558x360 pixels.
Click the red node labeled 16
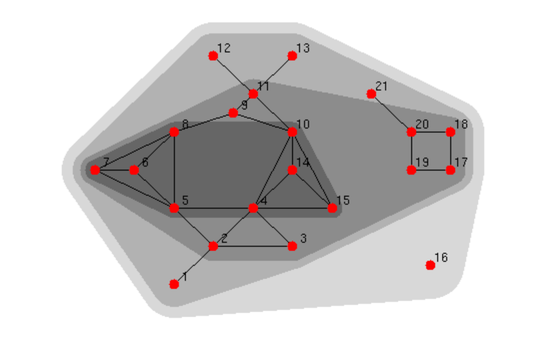pos(431,265)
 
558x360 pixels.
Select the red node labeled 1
pos(174,285)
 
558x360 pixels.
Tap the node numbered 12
pos(213,56)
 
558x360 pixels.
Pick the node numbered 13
pos(292,56)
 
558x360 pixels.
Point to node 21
pos(371,94)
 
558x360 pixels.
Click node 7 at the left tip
pos(95,170)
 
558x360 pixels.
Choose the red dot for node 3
pos(292,246)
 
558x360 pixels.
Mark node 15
pos(332,208)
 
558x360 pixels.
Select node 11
pos(253,94)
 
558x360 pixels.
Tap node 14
pos(292,170)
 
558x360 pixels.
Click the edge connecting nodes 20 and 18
pos(431,132)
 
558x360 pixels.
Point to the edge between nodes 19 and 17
pos(431,170)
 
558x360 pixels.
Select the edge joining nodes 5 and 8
pos(174,170)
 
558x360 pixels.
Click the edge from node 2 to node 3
pos(253,246)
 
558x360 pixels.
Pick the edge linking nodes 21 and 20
pos(391,113)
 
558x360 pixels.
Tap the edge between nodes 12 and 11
pos(233,75)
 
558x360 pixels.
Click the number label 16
pos(441,257)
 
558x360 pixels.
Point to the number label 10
pos(304,124)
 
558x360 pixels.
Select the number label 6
pos(145,162)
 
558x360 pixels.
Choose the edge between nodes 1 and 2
pos(194,266)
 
